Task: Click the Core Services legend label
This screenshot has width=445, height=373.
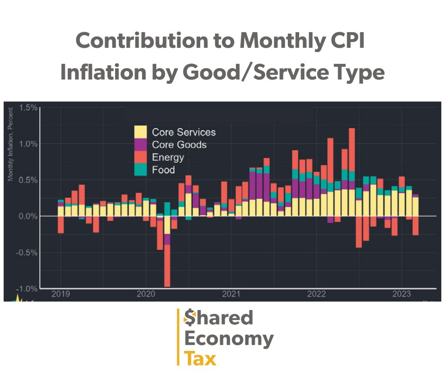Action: (x=184, y=133)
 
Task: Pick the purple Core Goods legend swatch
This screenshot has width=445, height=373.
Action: (x=141, y=145)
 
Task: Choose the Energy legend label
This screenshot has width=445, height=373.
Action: (x=168, y=157)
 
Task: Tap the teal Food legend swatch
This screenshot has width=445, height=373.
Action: (x=141, y=169)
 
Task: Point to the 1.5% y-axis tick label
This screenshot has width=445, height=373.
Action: (x=28, y=108)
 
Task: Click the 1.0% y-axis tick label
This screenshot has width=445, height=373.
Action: (x=28, y=144)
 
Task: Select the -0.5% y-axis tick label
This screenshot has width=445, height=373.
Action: (x=27, y=252)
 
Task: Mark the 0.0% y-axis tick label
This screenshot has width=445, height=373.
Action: (x=28, y=216)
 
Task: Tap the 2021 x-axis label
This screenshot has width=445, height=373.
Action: (x=231, y=293)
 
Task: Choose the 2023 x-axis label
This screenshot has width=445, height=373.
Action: (x=401, y=293)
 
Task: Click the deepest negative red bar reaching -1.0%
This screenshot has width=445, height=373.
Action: (x=167, y=267)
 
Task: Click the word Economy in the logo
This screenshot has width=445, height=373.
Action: (x=229, y=338)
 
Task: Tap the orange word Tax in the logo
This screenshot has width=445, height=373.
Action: (x=200, y=359)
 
